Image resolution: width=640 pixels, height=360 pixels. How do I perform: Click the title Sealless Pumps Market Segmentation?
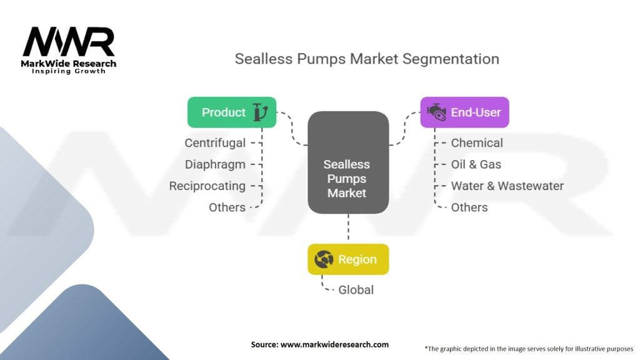(367, 59)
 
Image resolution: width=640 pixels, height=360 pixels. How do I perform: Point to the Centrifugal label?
(215, 143)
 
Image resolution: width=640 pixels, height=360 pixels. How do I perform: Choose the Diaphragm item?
(215, 164)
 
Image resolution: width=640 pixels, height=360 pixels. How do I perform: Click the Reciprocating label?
(207, 186)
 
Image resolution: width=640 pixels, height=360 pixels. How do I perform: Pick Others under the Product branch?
(227, 207)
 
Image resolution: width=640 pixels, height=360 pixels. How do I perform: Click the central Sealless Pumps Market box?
(347, 179)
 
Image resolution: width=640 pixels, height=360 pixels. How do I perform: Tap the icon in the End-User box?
(436, 112)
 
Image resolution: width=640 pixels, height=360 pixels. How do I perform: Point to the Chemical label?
(477, 143)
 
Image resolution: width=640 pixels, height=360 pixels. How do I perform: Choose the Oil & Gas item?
(476, 164)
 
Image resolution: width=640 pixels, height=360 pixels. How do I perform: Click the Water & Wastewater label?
(507, 186)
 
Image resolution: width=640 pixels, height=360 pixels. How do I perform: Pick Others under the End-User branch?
(469, 207)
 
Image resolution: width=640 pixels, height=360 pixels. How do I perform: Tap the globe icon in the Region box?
(324, 259)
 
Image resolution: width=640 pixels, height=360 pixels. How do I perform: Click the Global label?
(356, 290)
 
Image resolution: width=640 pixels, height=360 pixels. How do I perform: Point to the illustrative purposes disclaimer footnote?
(529, 348)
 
